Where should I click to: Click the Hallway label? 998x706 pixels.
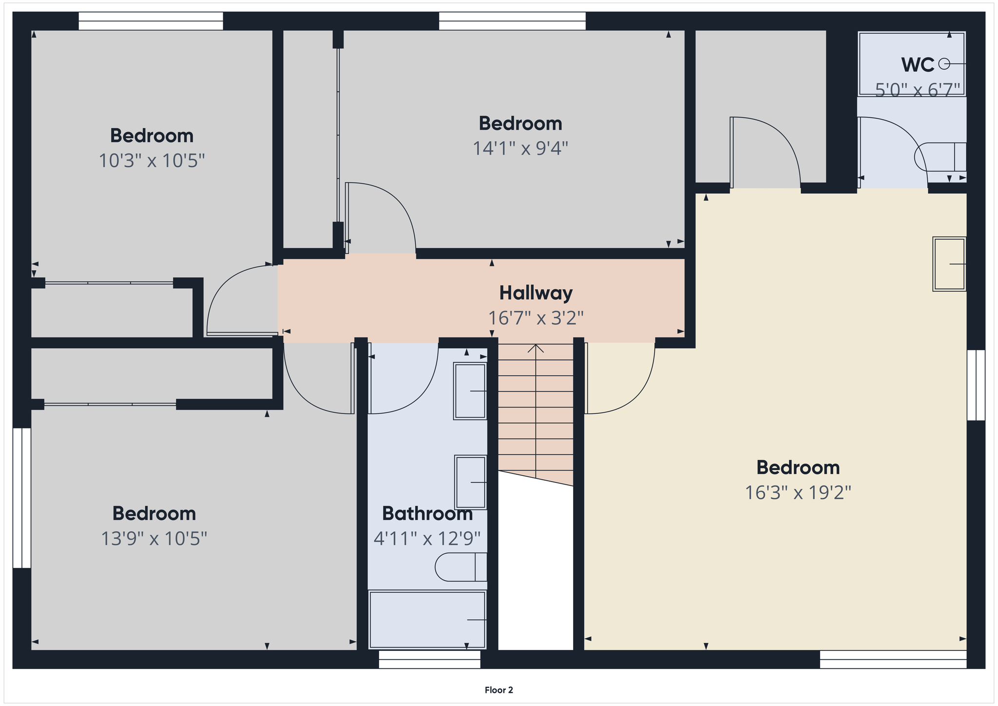point(536,293)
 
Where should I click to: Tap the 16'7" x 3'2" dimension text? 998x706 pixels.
point(536,318)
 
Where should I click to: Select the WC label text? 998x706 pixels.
point(918,64)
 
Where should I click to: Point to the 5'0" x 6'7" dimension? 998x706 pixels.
point(918,90)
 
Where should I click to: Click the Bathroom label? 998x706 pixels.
point(427,513)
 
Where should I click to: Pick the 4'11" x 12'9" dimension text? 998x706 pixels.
point(427,539)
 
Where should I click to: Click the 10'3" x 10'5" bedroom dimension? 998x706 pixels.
point(152,160)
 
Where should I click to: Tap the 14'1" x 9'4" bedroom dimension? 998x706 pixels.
point(520,148)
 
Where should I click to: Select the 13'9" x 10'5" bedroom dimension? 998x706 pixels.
point(154,539)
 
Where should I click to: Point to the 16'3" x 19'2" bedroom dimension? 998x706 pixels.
point(798,492)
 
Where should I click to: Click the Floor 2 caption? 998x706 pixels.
point(499,690)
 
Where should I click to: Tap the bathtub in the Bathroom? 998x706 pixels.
point(427,620)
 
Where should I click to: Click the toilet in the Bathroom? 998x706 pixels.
point(461,567)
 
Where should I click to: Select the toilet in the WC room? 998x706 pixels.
point(940,157)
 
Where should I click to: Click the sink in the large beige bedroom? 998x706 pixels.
point(949,264)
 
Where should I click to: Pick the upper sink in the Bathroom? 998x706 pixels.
point(470,391)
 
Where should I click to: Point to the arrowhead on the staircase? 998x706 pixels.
point(536,348)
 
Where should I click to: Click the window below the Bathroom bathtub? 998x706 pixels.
point(429,659)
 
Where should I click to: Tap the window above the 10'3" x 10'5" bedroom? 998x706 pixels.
point(151,21)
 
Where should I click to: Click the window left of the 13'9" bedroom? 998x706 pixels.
point(21,498)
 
